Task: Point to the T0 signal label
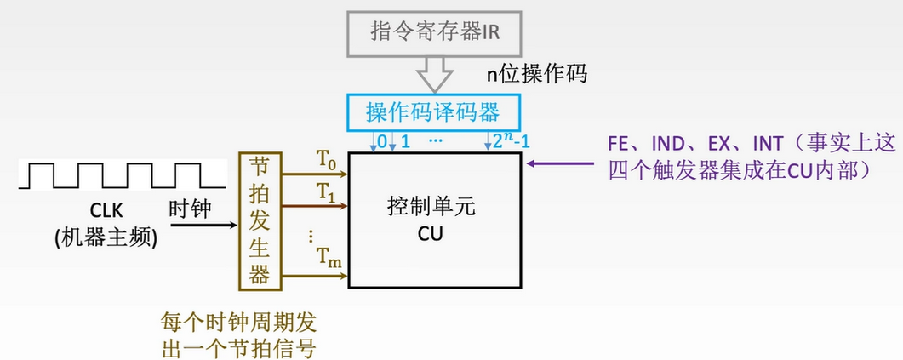pos(327,160)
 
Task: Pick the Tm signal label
pos(329,256)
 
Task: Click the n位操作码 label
pos(536,74)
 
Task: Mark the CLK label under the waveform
pos(106,210)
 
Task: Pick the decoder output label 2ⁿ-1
pos(511,140)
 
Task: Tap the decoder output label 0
pos(381,141)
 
